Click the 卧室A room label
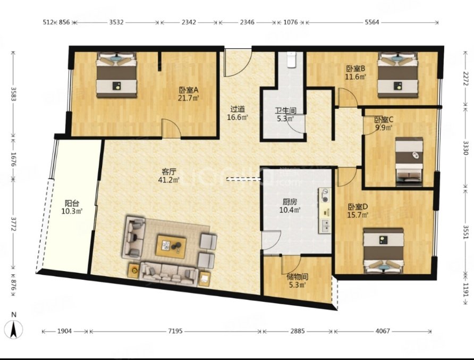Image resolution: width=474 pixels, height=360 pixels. click(189, 90)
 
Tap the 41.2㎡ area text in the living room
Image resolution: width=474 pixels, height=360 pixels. click(168, 180)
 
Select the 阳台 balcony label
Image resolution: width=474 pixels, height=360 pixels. click(72, 203)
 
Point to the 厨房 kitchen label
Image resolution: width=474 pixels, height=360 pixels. click(290, 202)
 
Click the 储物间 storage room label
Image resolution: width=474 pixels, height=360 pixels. click(298, 277)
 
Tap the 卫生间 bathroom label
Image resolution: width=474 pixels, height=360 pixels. click(285, 111)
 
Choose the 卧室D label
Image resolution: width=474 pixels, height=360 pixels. click(358, 207)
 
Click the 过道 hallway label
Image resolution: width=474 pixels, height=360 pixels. click(238, 109)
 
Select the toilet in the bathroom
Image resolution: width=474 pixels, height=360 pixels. click(291, 60)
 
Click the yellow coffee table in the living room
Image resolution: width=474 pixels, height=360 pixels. click(171, 246)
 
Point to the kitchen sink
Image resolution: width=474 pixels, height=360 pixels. click(326, 225)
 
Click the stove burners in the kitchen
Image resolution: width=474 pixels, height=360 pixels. click(325, 196)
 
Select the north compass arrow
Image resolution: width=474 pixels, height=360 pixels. click(14, 329)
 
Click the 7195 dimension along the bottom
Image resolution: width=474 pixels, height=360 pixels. click(175, 331)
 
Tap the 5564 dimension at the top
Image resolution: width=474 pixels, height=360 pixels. click(372, 22)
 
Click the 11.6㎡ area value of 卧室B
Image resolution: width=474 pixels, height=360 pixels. click(355, 77)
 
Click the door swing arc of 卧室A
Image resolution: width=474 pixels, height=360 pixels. click(172, 122)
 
